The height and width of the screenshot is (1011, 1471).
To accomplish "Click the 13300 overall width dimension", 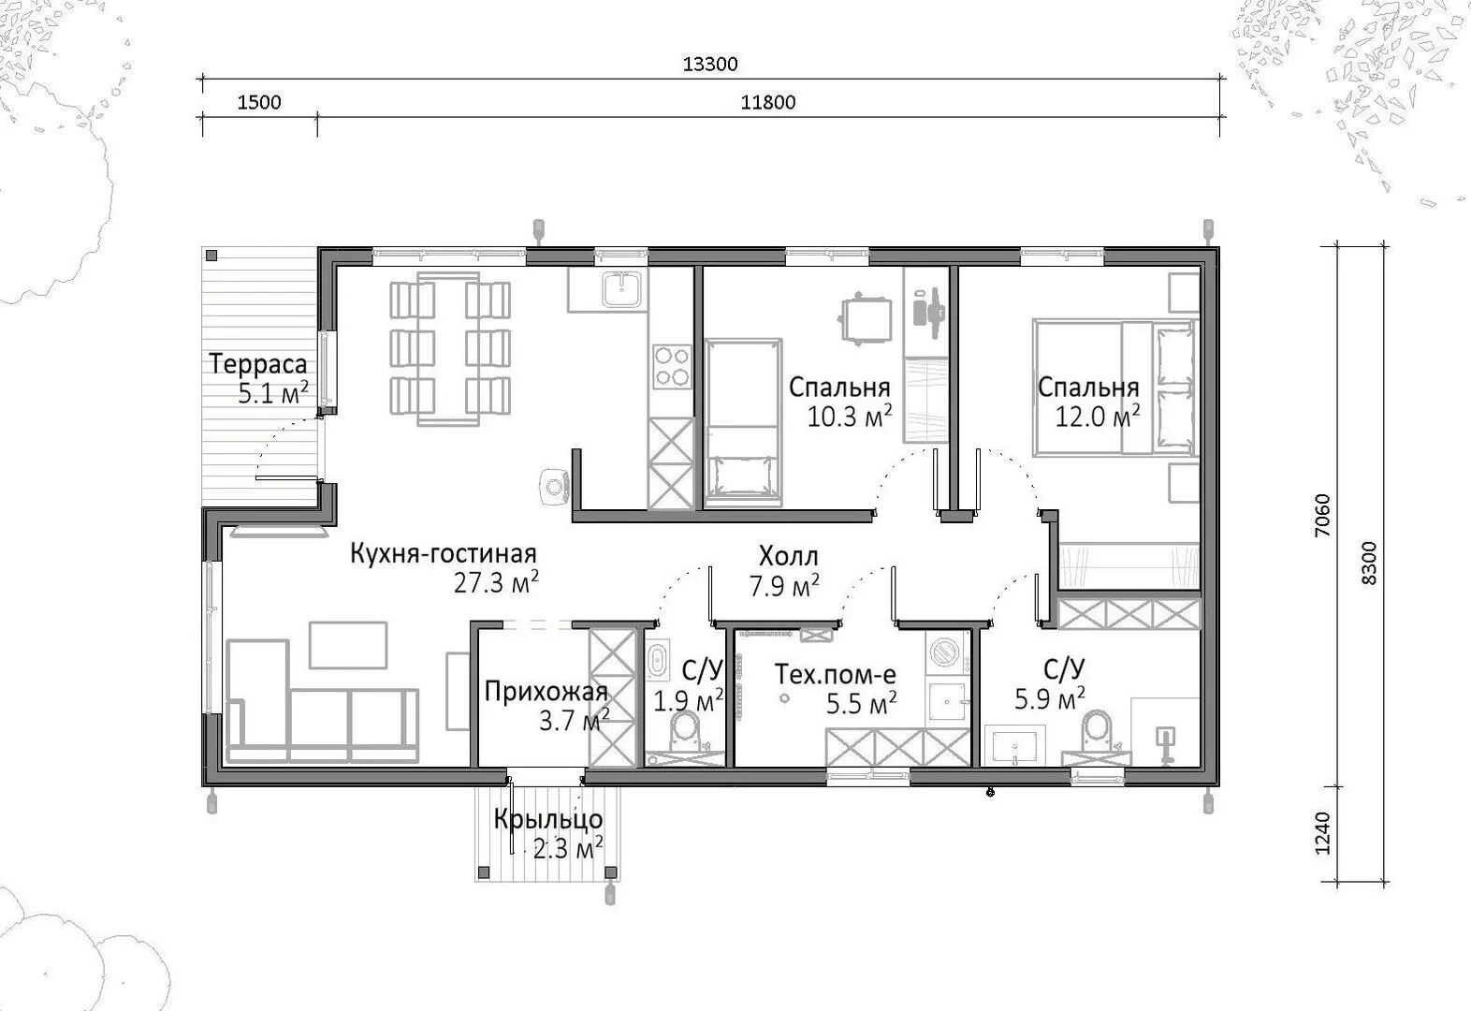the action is click(x=710, y=65).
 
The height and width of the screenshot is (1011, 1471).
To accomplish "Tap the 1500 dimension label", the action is click(x=259, y=102).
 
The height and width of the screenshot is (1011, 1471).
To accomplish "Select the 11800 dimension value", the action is click(x=768, y=102).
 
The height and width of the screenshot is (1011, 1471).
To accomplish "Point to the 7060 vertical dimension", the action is click(x=1323, y=515).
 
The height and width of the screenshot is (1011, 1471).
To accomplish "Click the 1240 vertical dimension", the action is click(x=1323, y=834).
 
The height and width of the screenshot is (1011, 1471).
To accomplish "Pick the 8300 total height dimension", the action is click(x=1369, y=563).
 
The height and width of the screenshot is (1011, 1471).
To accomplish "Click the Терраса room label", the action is click(x=258, y=363).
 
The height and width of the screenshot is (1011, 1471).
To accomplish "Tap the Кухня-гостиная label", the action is click(x=444, y=553).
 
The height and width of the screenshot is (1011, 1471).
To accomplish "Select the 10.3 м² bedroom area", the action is click(x=849, y=416).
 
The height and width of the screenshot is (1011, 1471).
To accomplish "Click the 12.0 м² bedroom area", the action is click(x=1098, y=416).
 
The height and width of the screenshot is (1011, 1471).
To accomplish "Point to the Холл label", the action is click(x=789, y=556).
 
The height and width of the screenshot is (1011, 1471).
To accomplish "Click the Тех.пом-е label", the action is click(x=836, y=675).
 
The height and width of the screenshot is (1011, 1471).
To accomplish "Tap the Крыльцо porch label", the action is click(x=548, y=819).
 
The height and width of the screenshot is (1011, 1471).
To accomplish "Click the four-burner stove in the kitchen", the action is click(x=672, y=367).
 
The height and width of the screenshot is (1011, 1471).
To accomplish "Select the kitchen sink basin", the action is click(x=621, y=289).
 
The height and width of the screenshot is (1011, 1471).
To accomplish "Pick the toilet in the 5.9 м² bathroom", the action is click(x=1096, y=730).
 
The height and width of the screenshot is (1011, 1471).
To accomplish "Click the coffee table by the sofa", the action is click(x=348, y=645).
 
